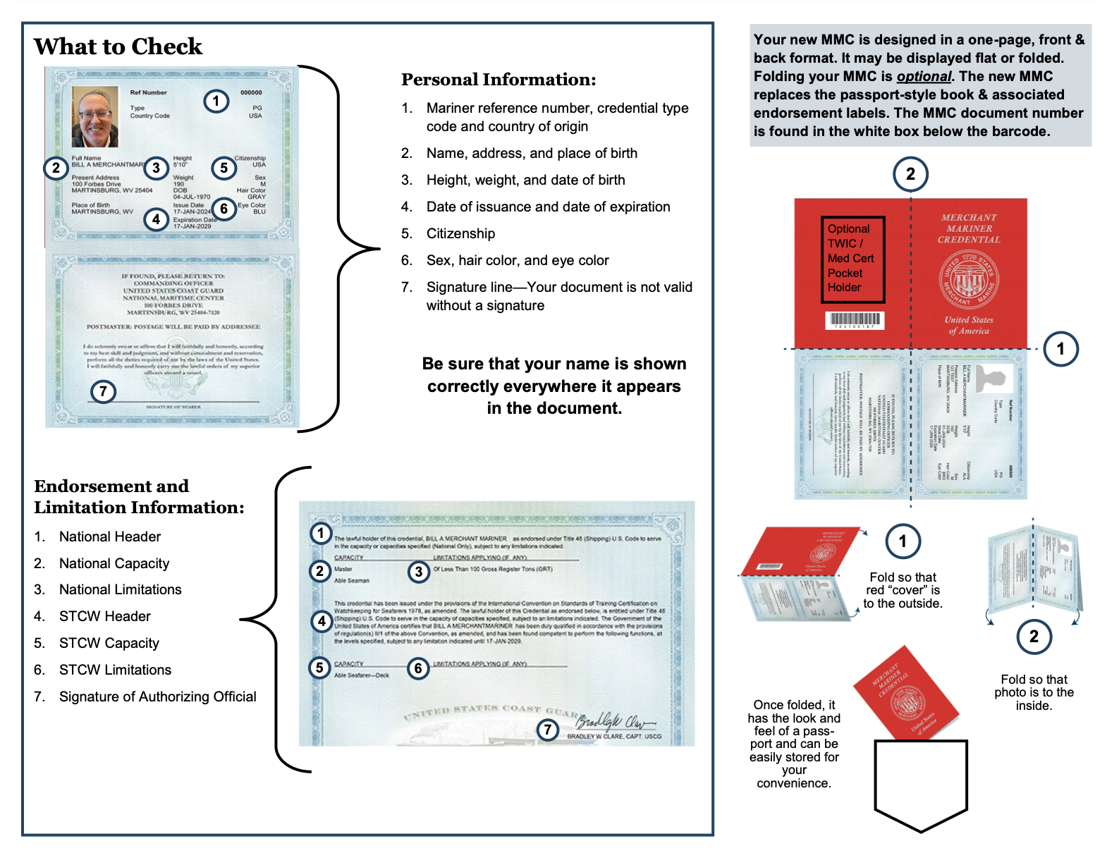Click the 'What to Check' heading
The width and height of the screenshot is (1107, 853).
118,47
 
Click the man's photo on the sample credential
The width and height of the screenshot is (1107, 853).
95,116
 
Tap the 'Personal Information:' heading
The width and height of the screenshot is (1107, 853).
499,80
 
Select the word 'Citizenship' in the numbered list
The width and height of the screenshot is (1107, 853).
460,233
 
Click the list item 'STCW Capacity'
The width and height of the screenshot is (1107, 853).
109,643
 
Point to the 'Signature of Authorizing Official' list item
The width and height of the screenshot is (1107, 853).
157,696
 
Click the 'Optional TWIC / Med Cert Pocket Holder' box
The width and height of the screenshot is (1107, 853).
852,259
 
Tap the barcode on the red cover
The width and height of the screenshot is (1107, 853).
854,320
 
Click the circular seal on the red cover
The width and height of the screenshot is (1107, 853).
968,280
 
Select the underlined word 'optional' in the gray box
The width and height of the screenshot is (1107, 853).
923,77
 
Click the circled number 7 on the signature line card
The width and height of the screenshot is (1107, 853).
103,391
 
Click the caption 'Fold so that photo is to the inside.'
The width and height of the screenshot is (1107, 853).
1034,692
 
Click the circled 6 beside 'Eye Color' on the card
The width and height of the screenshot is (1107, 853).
224,209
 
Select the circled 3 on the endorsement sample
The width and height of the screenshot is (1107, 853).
419,571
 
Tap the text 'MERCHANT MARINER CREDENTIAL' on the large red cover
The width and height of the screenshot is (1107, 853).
969,228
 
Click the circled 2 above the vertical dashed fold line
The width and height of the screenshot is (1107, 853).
910,174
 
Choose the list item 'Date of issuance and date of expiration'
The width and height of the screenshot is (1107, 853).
548,207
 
